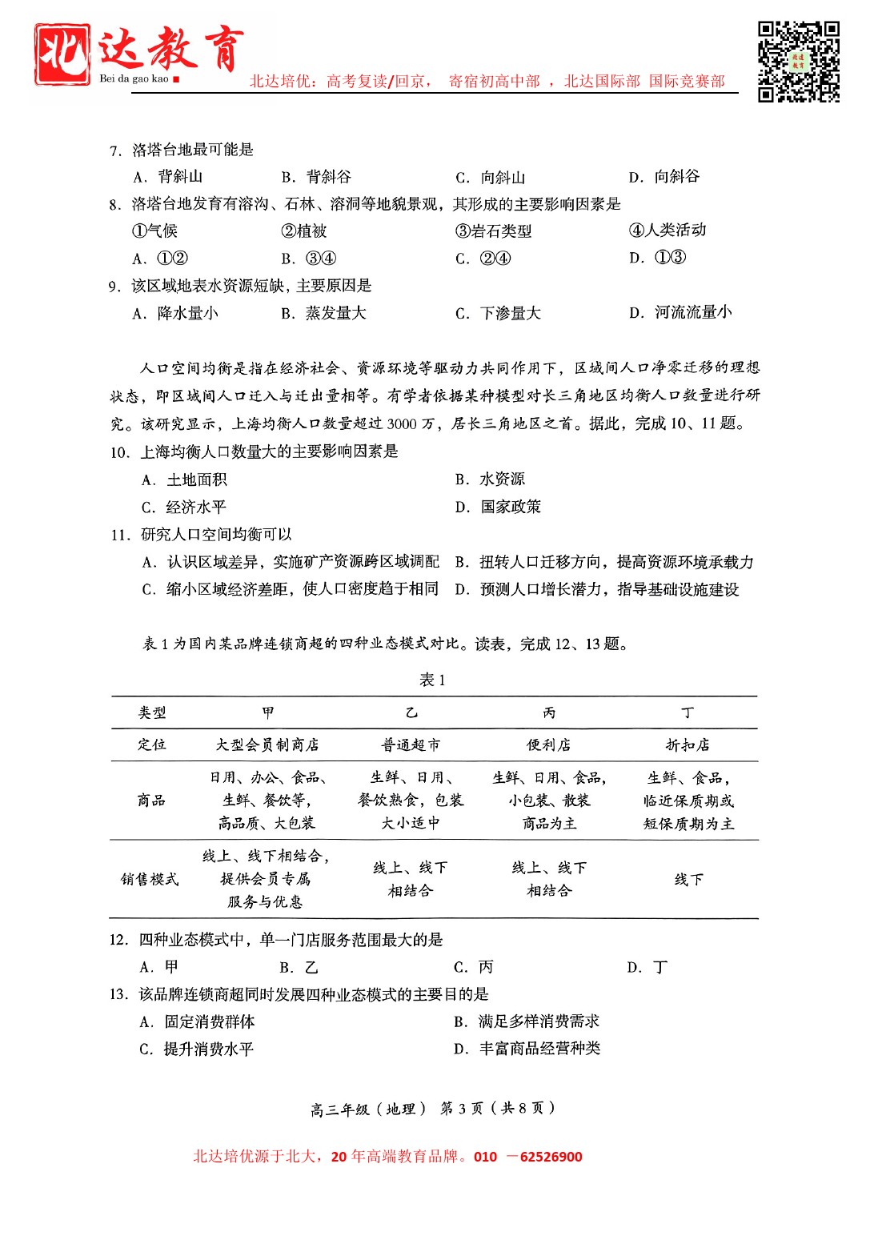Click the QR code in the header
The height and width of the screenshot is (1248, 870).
[798, 62]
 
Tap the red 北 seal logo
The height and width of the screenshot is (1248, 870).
[62, 54]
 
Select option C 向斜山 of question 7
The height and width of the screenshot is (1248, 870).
[491, 178]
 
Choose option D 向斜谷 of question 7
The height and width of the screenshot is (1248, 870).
[664, 177]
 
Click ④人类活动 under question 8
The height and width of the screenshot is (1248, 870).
[668, 231]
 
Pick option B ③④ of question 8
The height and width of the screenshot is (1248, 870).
[309, 259]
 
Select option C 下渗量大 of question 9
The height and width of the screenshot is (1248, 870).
[498, 313]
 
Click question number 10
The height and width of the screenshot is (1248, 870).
[119, 452]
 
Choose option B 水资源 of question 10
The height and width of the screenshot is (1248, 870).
[490, 480]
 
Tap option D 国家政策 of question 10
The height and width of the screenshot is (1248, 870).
[498, 507]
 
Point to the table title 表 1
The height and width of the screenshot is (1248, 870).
[432, 680]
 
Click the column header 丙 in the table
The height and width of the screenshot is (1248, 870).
[549, 712]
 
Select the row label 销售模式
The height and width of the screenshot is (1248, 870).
[150, 879]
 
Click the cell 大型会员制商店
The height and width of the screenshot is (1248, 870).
[267, 745]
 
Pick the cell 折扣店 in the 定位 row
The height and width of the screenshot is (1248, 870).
[688, 745]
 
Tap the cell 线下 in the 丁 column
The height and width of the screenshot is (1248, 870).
[688, 879]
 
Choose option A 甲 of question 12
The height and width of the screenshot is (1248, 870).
[159, 967]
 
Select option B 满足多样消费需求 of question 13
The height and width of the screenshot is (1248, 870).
[527, 1021]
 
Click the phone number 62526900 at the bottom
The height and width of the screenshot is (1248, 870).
[551, 1157]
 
